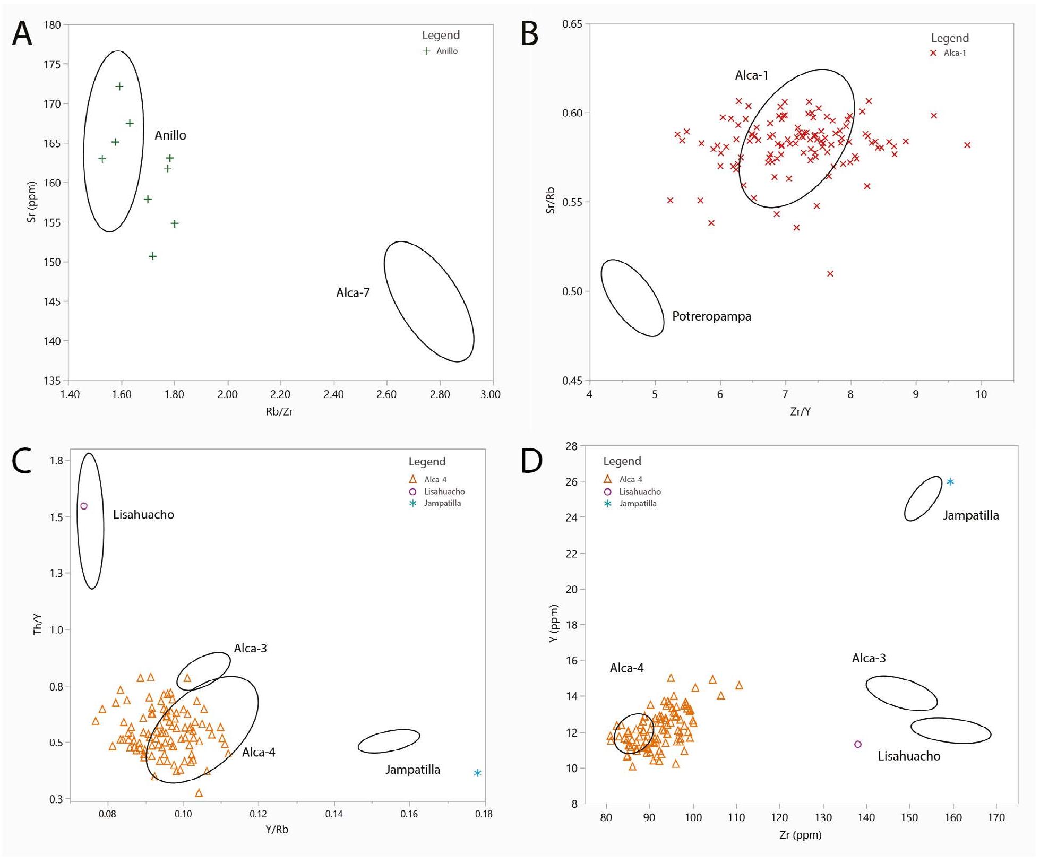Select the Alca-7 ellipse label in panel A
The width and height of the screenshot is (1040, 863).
click(x=353, y=292)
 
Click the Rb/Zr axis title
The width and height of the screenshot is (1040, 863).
click(x=279, y=411)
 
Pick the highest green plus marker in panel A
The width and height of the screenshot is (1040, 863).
click(x=119, y=87)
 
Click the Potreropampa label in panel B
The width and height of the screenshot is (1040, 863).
click(x=711, y=316)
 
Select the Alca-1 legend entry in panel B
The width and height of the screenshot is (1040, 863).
click(x=949, y=53)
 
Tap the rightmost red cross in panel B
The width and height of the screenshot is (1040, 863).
click(x=967, y=145)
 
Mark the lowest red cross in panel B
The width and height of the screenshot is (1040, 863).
click(x=830, y=274)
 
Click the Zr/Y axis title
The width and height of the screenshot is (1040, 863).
click(x=800, y=411)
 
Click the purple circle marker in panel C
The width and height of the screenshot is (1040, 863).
click(x=84, y=506)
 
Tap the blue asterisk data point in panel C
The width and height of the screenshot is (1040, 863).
click(x=477, y=773)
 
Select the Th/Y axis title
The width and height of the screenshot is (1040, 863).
click(x=38, y=625)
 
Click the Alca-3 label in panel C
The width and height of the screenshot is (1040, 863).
click(x=250, y=648)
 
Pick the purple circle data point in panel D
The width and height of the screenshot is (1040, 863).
click(x=858, y=744)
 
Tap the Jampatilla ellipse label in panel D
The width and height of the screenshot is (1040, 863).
click(x=970, y=515)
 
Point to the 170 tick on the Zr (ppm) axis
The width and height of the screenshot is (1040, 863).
click(x=996, y=818)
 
